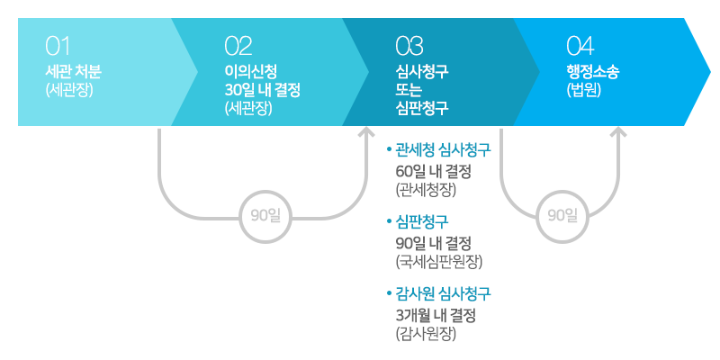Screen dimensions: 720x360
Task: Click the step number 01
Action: (x=58, y=47)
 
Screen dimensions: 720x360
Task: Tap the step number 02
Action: (x=238, y=47)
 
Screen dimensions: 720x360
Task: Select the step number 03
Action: (x=409, y=47)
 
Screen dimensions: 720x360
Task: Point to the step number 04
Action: (x=580, y=47)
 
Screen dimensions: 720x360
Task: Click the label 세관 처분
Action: (x=74, y=72)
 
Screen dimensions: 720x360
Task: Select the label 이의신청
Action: (x=251, y=72)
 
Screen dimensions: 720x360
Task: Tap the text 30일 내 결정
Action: (x=262, y=90)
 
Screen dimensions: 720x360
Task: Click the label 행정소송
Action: (x=593, y=72)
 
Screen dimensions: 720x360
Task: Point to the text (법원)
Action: (x=584, y=90)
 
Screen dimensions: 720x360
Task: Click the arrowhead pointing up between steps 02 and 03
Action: (x=367, y=132)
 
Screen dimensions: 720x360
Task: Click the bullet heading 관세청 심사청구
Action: (x=439, y=149)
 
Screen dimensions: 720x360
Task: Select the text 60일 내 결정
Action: (x=434, y=172)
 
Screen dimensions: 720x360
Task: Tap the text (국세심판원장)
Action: (x=439, y=262)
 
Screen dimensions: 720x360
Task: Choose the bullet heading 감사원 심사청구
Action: (x=439, y=293)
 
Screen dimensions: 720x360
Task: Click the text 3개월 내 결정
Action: (x=436, y=316)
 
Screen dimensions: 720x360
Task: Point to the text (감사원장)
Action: (x=426, y=334)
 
